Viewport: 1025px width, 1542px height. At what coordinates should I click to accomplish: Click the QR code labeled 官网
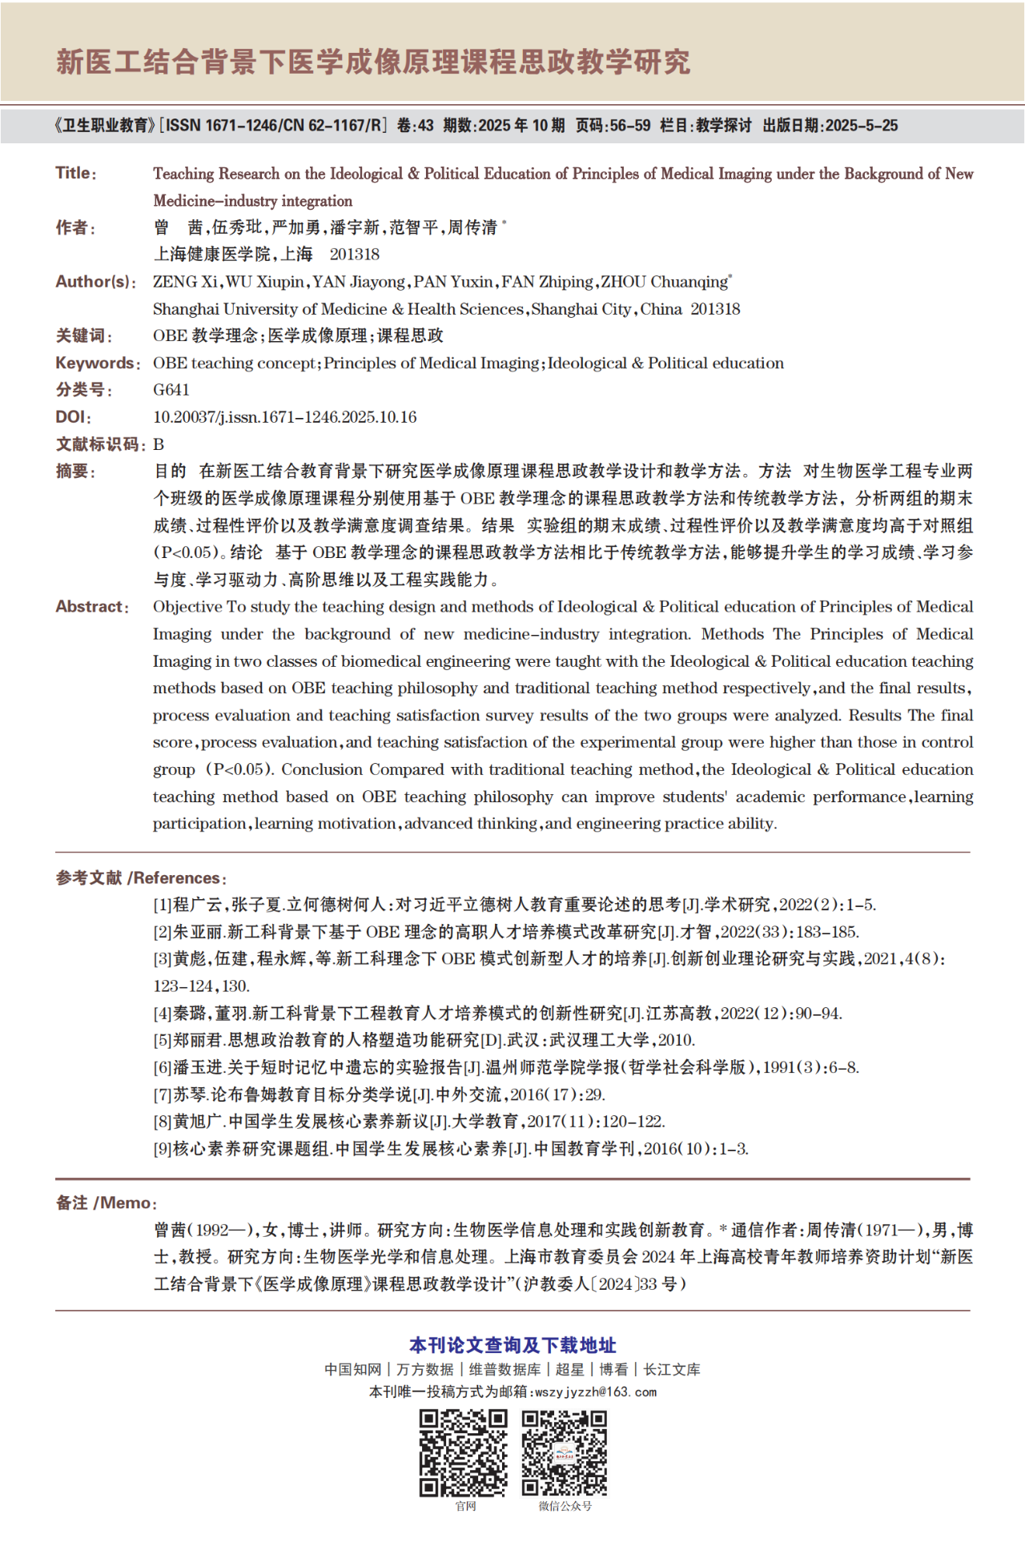click(x=464, y=1453)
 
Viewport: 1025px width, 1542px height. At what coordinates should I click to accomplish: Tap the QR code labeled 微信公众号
click(x=565, y=1453)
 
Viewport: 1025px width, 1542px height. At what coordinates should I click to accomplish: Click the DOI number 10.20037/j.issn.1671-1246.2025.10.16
click(x=284, y=417)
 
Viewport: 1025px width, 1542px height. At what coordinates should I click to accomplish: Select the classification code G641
click(x=171, y=390)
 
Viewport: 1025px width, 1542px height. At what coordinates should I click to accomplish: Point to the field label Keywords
click(x=94, y=363)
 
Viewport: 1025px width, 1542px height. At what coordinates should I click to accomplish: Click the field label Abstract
click(x=90, y=607)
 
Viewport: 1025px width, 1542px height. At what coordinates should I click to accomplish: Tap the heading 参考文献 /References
click(x=140, y=877)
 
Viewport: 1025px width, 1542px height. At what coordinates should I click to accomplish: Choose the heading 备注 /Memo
click(x=105, y=1203)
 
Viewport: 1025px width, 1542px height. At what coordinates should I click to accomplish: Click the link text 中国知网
click(x=352, y=1369)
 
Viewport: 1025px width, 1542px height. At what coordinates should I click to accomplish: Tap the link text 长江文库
click(x=672, y=1369)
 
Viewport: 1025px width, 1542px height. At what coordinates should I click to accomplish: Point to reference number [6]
click(x=163, y=1067)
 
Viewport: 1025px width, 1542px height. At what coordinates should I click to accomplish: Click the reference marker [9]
click(x=163, y=1149)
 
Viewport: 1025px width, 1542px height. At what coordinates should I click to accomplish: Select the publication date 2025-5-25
click(x=862, y=126)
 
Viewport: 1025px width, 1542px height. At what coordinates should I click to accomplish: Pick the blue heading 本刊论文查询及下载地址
click(x=512, y=1345)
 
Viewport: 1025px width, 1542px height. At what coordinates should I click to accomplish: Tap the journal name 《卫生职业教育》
click(x=104, y=126)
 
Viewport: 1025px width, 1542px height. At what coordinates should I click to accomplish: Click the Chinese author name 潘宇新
click(x=355, y=227)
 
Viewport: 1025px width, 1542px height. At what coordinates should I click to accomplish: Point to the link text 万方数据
click(x=425, y=1369)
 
